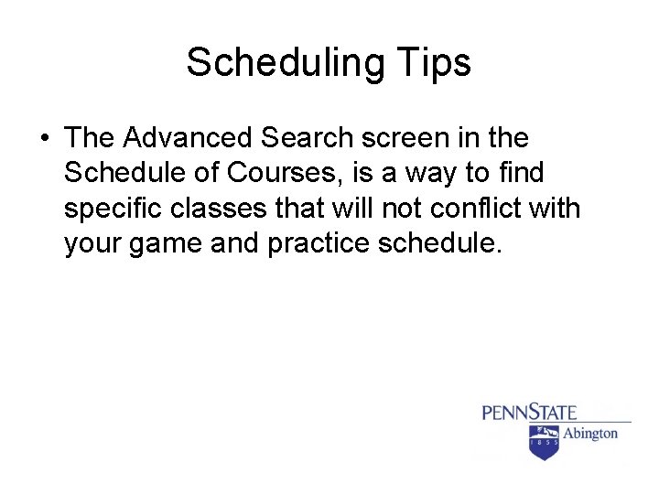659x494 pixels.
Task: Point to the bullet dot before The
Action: (x=44, y=139)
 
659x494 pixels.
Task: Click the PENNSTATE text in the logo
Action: (x=529, y=413)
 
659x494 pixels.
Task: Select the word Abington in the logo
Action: (x=589, y=433)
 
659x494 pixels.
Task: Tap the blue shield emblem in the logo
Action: (x=545, y=442)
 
